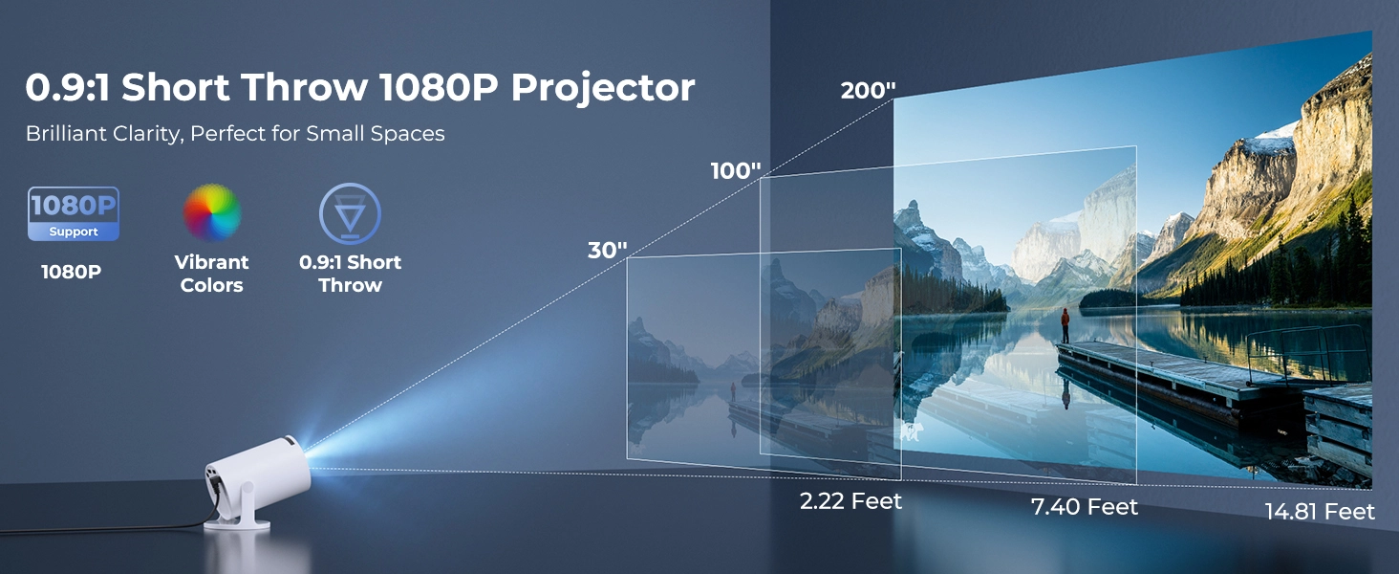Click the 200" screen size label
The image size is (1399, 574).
point(868,91)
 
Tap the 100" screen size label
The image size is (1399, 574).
point(736,171)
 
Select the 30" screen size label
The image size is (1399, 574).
point(607,251)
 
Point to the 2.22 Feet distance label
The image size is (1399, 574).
point(850,500)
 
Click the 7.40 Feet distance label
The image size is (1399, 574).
point(1085,506)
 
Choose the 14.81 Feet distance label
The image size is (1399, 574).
point(1320,512)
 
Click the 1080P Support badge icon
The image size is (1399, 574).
point(74,213)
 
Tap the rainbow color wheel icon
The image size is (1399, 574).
point(212,212)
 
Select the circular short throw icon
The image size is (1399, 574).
point(350,212)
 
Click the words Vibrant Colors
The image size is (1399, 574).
point(212,274)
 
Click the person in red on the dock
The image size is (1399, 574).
point(1065,323)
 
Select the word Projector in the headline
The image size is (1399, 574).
point(602,88)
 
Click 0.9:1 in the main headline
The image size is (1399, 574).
point(67,88)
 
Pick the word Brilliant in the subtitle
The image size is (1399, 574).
point(65,134)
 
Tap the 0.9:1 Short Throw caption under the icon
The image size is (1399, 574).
point(350,274)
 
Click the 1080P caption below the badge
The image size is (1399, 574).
point(72,272)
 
